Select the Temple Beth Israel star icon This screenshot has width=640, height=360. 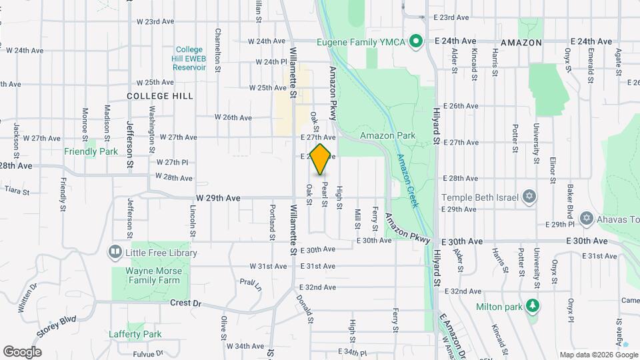point(529,197)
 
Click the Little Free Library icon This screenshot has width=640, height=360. point(115,252)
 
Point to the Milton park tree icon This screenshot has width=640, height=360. point(531,305)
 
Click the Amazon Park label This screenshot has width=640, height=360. point(387,135)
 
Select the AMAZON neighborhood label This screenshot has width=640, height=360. point(520,42)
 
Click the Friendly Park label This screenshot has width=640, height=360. point(91,151)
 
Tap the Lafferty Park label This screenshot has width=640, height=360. point(135,334)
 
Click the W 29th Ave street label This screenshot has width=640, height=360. point(218,198)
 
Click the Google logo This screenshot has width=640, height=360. point(22,351)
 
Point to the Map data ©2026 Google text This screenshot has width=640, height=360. point(598,355)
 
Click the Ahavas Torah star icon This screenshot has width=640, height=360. point(586,218)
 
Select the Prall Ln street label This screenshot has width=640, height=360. point(251,285)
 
